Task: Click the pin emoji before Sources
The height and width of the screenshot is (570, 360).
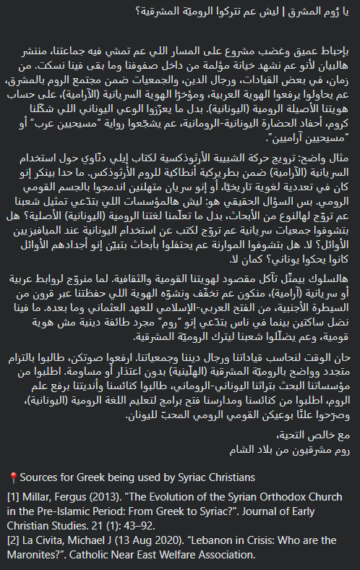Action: [x=13, y=477]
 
